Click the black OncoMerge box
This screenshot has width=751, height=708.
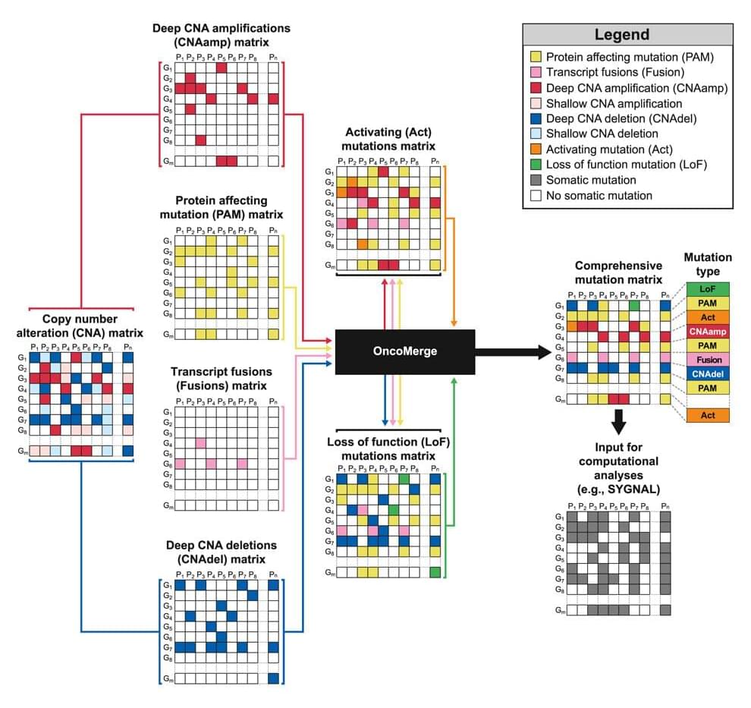(x=404, y=351)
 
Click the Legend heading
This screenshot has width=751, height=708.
(x=621, y=34)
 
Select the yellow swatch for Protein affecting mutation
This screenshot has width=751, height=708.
(x=536, y=56)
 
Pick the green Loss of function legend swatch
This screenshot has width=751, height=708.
(x=536, y=164)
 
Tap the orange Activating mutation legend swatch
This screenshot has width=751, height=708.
(x=536, y=149)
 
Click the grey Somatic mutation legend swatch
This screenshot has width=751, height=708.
(x=536, y=180)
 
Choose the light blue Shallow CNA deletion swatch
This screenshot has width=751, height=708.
(x=536, y=134)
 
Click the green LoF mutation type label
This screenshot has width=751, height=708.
(x=708, y=289)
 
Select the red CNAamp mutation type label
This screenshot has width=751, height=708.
(x=708, y=332)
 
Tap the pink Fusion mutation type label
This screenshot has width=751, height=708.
(x=708, y=360)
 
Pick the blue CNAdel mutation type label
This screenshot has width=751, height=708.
(x=708, y=373)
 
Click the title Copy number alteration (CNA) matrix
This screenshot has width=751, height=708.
(x=80, y=326)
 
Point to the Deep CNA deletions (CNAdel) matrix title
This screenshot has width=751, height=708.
(x=220, y=552)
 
